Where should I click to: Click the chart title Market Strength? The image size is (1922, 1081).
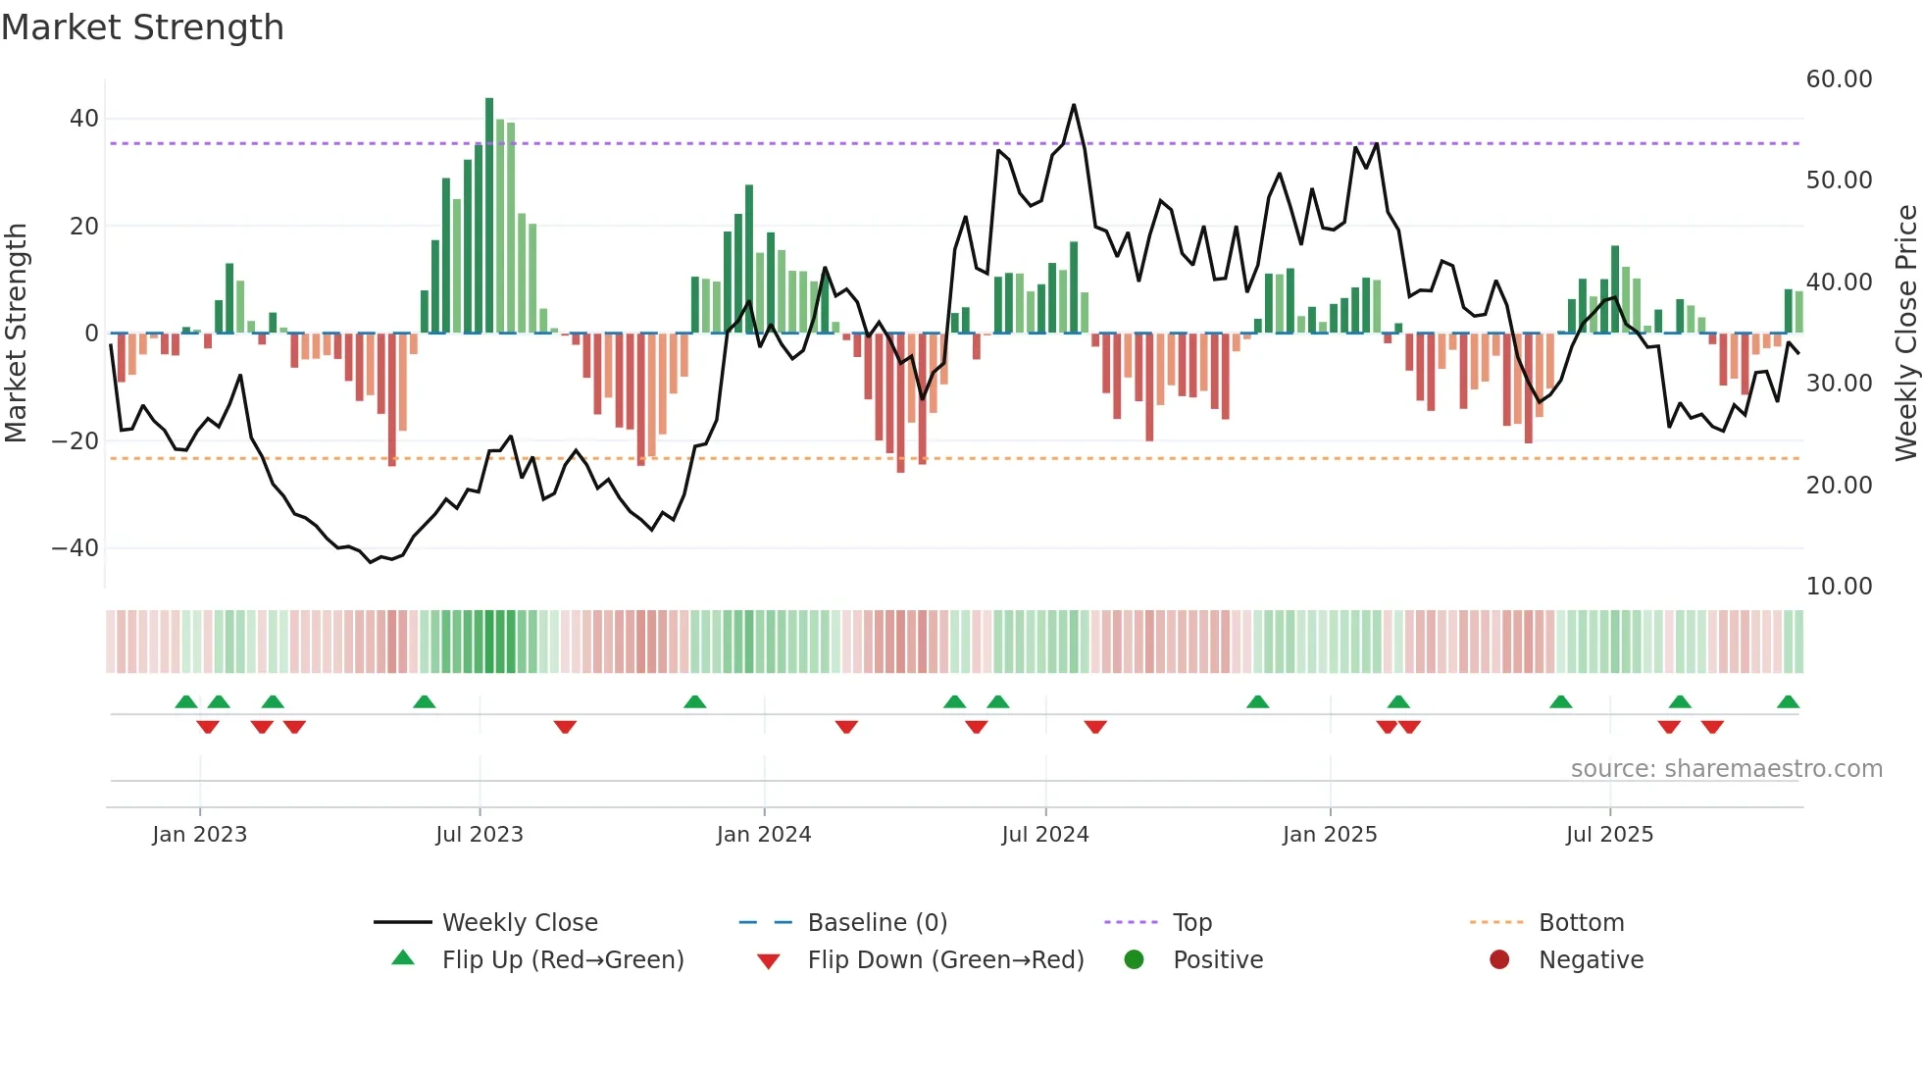pos(142,27)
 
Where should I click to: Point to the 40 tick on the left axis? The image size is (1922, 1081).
pos(83,119)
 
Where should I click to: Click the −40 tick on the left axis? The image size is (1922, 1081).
pos(75,548)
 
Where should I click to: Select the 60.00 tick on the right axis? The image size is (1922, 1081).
pos(1839,79)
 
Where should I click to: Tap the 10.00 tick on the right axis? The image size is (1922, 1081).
pos(1839,587)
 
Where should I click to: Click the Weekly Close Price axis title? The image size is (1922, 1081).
pos(1905,334)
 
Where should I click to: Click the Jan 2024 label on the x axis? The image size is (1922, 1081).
pos(764,835)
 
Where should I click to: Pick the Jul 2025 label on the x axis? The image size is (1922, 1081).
pos(1609,835)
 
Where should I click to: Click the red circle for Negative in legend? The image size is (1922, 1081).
pos(1499,960)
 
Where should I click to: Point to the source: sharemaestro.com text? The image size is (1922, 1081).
pos(1726,769)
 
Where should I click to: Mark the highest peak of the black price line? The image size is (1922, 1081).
pos(1074,105)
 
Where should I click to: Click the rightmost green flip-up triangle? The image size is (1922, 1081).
pos(1788,702)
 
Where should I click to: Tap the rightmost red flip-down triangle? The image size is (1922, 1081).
pos(1712,727)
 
